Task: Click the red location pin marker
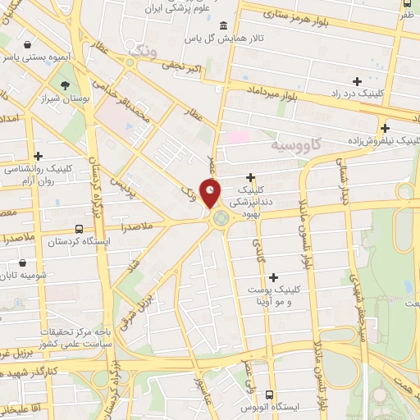[x=211, y=194]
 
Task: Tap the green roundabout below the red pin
[x=220, y=218]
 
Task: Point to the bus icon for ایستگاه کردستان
[x=79, y=229]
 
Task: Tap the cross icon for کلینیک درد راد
[x=356, y=80]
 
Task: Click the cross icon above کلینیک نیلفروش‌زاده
[x=384, y=127]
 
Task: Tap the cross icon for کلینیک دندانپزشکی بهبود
[x=250, y=177]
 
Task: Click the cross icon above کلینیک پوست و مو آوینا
[x=273, y=277]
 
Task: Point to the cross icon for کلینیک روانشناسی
[x=38, y=155]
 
